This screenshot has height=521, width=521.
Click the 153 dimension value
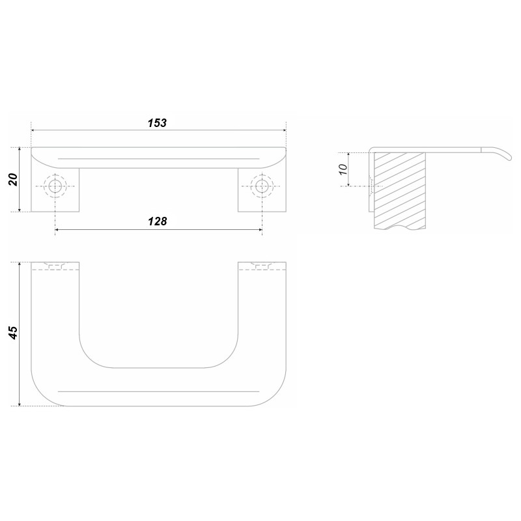coord(157,123)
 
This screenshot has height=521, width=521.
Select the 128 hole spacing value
coord(157,221)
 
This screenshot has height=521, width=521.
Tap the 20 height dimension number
coord(13,180)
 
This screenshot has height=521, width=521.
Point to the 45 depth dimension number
coord(13,333)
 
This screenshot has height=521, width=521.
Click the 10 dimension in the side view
coord(343,169)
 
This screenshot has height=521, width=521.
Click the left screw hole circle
coord(55,186)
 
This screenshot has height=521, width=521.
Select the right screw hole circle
coord(262,186)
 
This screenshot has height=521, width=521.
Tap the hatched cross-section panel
coord(400,190)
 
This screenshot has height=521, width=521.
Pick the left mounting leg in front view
coord(55,190)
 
